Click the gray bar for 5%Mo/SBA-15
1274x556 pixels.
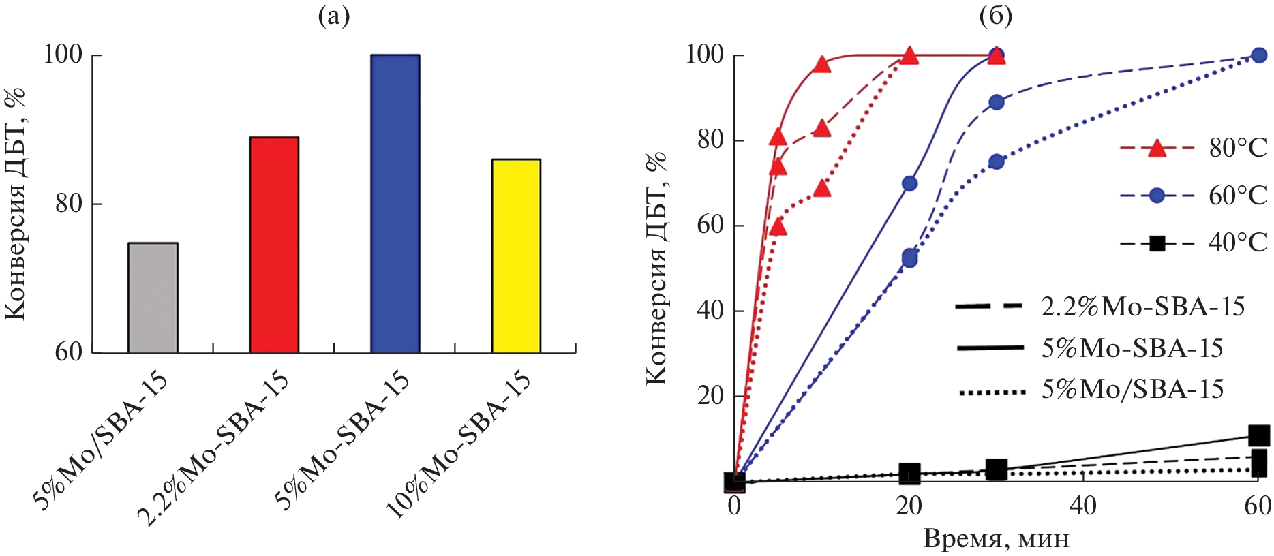pyautogui.click(x=153, y=298)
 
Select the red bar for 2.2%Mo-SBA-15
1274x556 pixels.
pyautogui.click(x=274, y=245)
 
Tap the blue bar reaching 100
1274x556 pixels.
pyautogui.click(x=395, y=204)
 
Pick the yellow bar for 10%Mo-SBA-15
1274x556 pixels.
pyautogui.click(x=516, y=256)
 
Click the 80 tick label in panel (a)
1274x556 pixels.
pyautogui.click(x=69, y=203)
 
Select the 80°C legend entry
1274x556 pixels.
pyautogui.click(x=1193, y=148)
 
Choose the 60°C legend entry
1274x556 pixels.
pyautogui.click(x=1193, y=196)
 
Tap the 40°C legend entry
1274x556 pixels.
pyautogui.click(x=1193, y=243)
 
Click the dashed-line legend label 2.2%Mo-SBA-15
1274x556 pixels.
pyautogui.click(x=1142, y=307)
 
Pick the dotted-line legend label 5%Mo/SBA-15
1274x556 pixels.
pyautogui.click(x=1132, y=389)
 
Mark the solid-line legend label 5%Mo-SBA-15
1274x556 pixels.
pyautogui.click(x=1132, y=348)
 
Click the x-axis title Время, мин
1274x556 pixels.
pyautogui.click(x=996, y=539)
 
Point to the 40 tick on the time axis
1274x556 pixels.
pyautogui.click(x=1083, y=506)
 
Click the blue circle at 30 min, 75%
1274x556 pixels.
pyautogui.click(x=997, y=161)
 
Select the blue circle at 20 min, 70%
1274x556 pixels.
pyautogui.click(x=909, y=183)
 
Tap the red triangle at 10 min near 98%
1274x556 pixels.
pyautogui.click(x=822, y=65)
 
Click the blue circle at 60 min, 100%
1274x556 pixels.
pyautogui.click(x=1259, y=55)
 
